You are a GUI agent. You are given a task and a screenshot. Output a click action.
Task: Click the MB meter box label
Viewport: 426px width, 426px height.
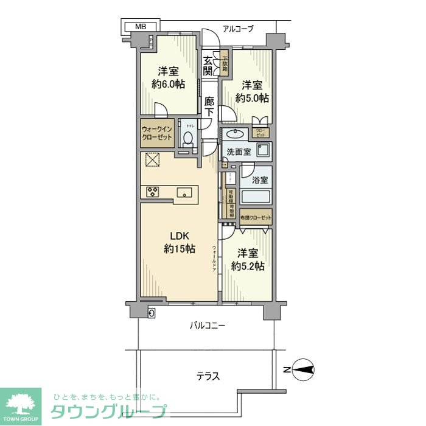tap(141, 26)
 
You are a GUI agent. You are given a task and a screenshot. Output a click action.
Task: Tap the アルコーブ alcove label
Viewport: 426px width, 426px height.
tap(238, 29)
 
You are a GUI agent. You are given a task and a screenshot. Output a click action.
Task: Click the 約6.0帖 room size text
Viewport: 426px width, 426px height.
tap(168, 85)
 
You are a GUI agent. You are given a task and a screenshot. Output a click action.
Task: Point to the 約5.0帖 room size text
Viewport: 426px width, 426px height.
tap(254, 98)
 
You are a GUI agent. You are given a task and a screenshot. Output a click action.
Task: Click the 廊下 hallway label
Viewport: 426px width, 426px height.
tap(209, 107)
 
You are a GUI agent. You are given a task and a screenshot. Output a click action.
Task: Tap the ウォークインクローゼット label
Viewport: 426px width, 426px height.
tap(158, 133)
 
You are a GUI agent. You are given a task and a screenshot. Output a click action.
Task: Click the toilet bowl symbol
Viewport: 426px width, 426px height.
tap(188, 138)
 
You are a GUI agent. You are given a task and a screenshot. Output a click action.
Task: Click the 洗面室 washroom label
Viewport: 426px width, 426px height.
tap(239, 151)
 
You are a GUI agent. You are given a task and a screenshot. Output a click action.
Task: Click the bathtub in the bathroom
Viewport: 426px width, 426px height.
tap(256, 197)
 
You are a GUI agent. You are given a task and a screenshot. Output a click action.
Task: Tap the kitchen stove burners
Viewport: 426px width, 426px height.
tap(153, 192)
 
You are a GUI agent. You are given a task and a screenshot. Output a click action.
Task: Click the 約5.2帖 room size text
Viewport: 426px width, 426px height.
tap(247, 266)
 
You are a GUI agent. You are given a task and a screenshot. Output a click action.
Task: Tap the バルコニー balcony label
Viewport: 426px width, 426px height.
tap(208, 326)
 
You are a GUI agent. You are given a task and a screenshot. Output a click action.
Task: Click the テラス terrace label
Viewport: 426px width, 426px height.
tap(208, 376)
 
